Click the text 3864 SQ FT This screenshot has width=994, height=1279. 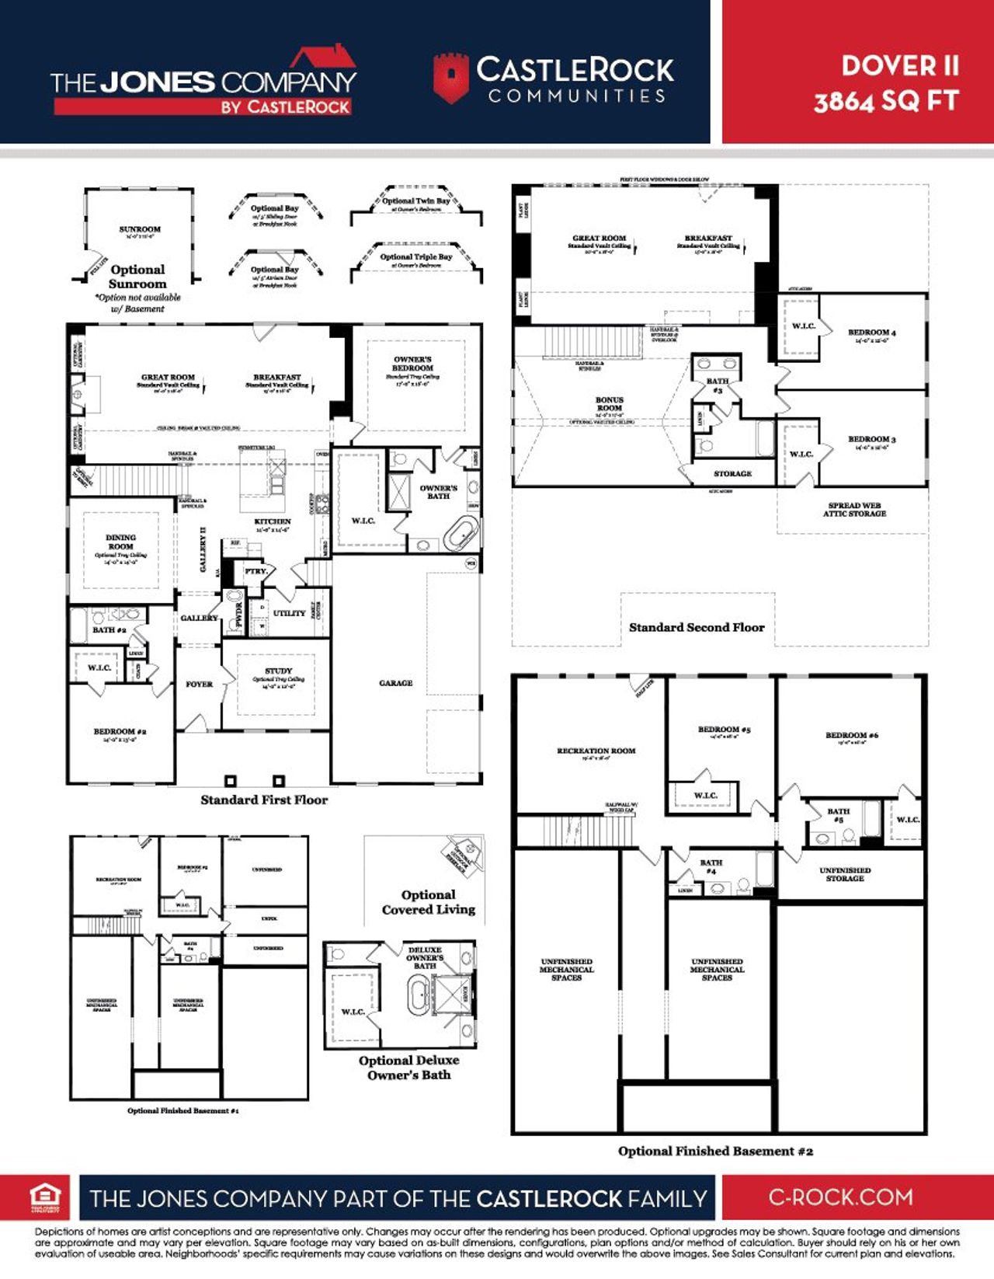pyautogui.click(x=886, y=102)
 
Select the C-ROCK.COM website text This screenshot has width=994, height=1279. pyautogui.click(x=841, y=1197)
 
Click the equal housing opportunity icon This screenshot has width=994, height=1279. pyautogui.click(x=45, y=1197)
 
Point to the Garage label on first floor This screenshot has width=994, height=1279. pyautogui.click(x=395, y=683)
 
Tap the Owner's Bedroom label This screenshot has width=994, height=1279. pyautogui.click(x=412, y=364)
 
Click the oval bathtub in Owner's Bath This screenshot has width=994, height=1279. pyautogui.click(x=461, y=535)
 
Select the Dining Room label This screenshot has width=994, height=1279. pyautogui.click(x=120, y=542)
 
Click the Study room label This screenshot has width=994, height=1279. pyautogui.click(x=278, y=671)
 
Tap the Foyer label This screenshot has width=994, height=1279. pyautogui.click(x=199, y=685)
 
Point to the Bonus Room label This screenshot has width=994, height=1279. pyautogui.click(x=609, y=404)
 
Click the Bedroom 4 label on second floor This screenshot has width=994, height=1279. pyautogui.click(x=871, y=333)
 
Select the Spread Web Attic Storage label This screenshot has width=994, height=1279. pyautogui.click(x=854, y=510)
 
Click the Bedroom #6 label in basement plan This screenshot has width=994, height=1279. pyautogui.click(x=851, y=735)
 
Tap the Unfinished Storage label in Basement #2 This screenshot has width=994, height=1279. pyautogui.click(x=845, y=874)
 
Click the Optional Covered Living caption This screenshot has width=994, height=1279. pyautogui.click(x=428, y=902)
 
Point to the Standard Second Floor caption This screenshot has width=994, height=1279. pyautogui.click(x=697, y=627)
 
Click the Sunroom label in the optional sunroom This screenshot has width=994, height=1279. pyautogui.click(x=140, y=229)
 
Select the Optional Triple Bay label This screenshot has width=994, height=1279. pyautogui.click(x=416, y=257)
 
